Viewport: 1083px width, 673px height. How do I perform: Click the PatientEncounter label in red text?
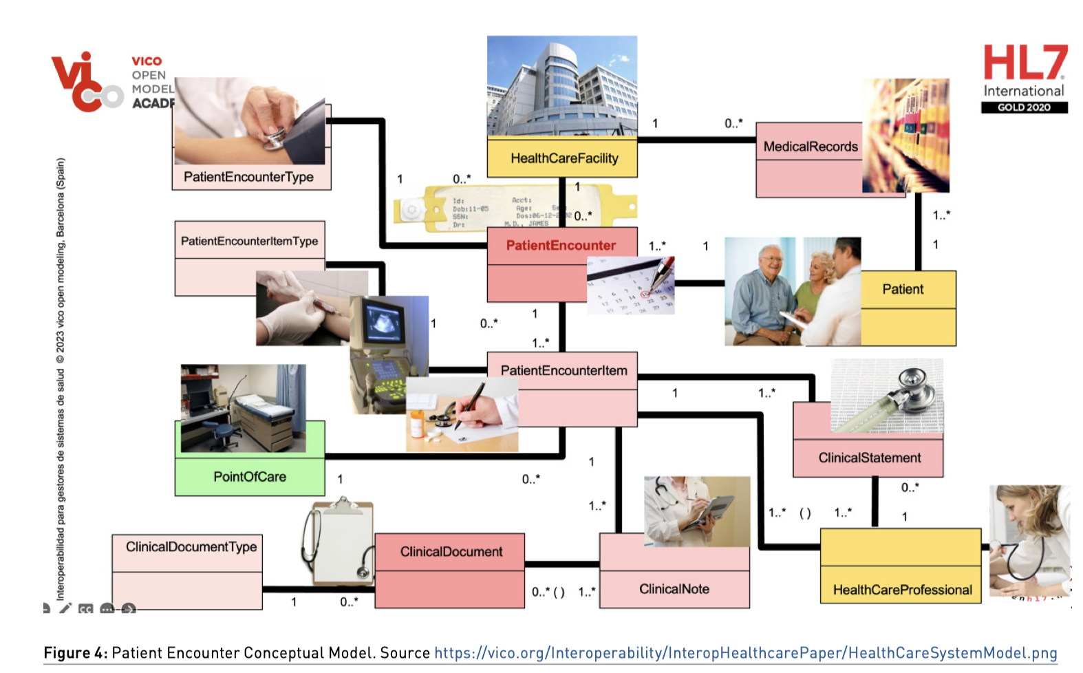(x=561, y=246)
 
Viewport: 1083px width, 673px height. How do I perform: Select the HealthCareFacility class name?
(x=564, y=158)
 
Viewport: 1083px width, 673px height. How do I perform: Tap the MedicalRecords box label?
(x=811, y=147)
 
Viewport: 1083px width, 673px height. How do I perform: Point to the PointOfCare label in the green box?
(x=250, y=477)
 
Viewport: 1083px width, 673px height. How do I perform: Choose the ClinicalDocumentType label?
(x=191, y=547)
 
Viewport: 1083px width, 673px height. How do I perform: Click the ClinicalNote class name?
(x=674, y=589)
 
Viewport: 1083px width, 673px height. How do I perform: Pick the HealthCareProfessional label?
(x=902, y=590)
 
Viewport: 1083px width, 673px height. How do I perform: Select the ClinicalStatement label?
(x=869, y=458)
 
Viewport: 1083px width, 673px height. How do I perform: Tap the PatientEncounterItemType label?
(x=249, y=241)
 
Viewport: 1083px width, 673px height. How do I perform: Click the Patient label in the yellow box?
(x=903, y=289)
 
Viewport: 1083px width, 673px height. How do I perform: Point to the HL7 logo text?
(x=1025, y=63)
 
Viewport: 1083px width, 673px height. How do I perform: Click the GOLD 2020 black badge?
(x=1024, y=107)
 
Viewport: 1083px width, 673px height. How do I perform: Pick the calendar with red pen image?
(x=631, y=285)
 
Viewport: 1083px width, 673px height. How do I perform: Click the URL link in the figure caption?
(x=745, y=652)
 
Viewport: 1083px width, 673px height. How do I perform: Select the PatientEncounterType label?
(x=248, y=177)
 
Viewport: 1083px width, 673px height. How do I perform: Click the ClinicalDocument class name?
(x=451, y=552)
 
